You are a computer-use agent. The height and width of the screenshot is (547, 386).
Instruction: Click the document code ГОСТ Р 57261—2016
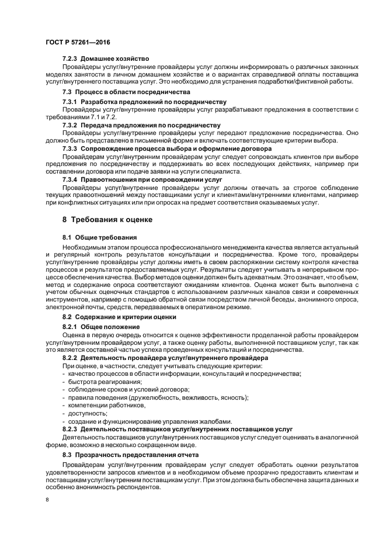(x=78, y=42)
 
